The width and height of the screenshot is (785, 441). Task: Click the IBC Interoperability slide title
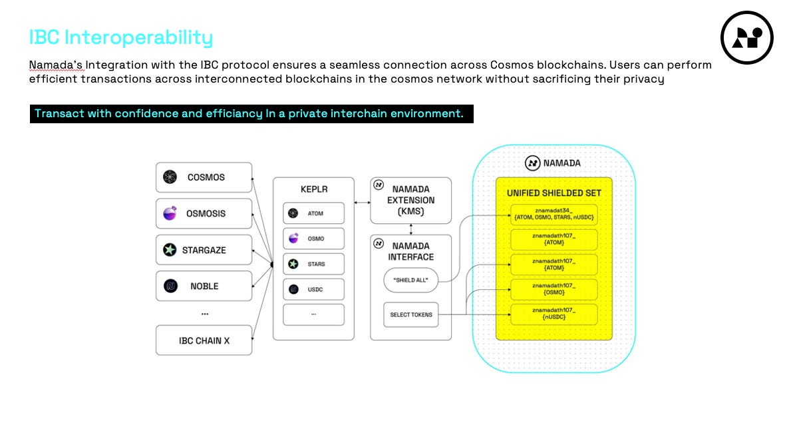(120, 37)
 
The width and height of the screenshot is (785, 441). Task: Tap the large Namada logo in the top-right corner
(746, 38)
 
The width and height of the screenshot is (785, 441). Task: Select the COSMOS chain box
(204, 177)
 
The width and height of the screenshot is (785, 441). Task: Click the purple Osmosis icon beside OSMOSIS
(170, 214)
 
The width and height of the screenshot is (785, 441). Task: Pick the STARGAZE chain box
(204, 250)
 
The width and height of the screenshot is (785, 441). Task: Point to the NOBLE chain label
(204, 286)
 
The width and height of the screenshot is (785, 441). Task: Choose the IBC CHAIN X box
(204, 340)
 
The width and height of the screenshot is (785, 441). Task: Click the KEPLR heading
(313, 189)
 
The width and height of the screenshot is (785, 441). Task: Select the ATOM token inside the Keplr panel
(313, 214)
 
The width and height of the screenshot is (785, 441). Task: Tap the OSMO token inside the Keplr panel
(313, 238)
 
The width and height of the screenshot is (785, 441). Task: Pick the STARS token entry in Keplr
(313, 264)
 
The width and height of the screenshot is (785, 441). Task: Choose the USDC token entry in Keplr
(313, 289)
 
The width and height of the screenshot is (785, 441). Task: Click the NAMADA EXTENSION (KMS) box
(411, 200)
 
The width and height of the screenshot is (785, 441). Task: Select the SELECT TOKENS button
(411, 314)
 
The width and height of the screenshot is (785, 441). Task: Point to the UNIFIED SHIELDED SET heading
(554, 193)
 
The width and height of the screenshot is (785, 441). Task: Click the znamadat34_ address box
(554, 215)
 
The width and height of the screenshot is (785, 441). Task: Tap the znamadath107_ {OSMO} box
(554, 289)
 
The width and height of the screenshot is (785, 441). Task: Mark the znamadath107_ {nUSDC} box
(554, 314)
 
